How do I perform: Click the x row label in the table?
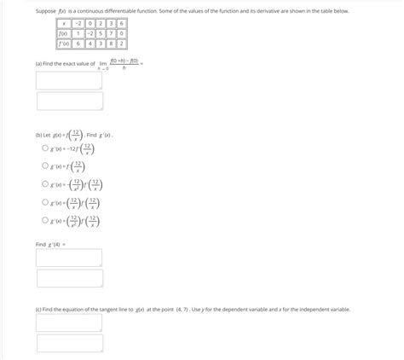point(62,24)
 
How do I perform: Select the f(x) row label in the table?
point(62,33)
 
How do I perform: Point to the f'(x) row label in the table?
point(62,44)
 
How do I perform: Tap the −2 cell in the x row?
point(78,24)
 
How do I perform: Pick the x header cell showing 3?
point(111,24)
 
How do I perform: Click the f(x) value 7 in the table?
point(111,33)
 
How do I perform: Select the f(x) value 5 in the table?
point(100,33)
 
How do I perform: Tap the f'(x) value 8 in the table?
point(111,44)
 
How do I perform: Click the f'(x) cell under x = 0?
point(89,44)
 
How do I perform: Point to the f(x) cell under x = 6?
point(122,33)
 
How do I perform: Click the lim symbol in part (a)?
point(103,63)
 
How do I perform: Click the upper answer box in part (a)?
point(70,80)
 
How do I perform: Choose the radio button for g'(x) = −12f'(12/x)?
point(45,148)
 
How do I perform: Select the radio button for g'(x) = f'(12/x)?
point(45,166)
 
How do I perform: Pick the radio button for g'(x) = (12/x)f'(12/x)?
point(45,203)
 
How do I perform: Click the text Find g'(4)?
point(50,244)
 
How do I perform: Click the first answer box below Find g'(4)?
point(70,258)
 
